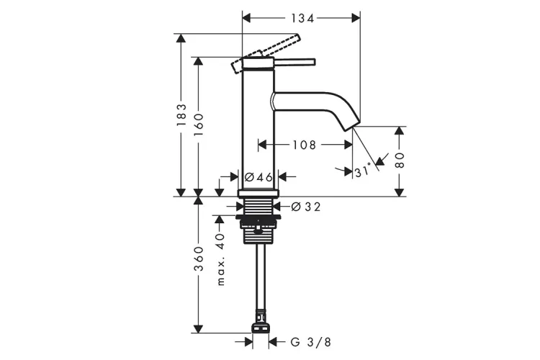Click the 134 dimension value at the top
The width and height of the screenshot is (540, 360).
[300, 17]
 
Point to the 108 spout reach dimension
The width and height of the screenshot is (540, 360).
[304, 145]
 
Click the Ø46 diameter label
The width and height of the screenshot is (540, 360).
[258, 176]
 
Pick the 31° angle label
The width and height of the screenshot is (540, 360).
[364, 171]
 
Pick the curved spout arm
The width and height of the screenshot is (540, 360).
[317, 102]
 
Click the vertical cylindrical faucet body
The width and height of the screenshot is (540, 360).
[258, 130]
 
